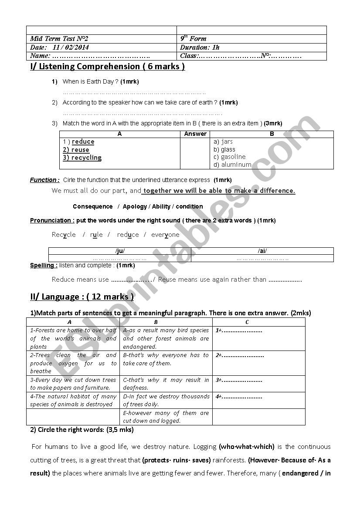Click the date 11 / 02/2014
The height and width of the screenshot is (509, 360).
[x=70, y=47]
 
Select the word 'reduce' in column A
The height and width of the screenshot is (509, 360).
[x=83, y=142]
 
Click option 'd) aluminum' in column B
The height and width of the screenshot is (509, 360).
[x=232, y=165]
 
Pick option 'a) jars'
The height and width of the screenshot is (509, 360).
[x=223, y=142]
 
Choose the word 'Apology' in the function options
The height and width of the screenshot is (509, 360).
[x=135, y=206]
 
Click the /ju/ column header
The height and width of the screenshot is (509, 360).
[x=119, y=251]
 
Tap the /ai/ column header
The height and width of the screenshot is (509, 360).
[x=262, y=251]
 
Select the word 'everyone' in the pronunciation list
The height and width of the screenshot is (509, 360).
[x=165, y=235]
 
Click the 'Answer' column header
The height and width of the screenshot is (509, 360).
[x=195, y=134]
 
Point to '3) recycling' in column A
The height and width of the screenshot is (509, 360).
[x=82, y=158]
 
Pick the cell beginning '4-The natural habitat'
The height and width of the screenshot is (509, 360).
[x=73, y=400]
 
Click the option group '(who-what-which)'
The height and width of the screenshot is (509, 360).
[x=247, y=447]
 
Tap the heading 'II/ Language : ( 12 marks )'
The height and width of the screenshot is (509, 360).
[x=82, y=297]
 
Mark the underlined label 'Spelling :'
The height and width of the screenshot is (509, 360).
[x=44, y=265]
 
